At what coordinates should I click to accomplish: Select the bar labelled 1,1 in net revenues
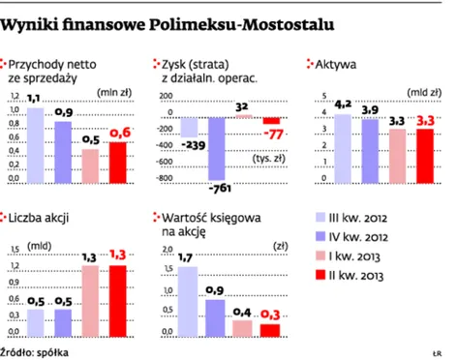35,144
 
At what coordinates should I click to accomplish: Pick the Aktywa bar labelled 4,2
342,148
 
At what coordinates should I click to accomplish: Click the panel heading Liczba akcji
40,219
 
